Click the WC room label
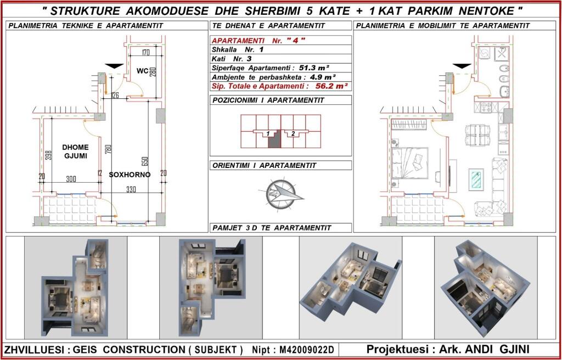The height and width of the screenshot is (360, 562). tap(142, 71)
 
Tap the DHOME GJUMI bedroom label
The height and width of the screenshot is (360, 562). tap(75, 151)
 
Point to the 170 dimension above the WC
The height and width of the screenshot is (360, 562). tap(145, 53)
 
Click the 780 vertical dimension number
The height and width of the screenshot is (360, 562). tap(109, 149)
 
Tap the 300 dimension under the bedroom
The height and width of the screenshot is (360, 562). tap(71, 179)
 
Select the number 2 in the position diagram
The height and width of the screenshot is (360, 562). tap(293, 134)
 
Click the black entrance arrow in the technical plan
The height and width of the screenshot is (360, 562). tap(114, 66)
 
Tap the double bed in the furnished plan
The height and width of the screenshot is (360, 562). tap(410, 163)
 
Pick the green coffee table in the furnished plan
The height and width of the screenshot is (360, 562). tap(476, 179)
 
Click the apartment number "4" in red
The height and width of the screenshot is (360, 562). tap(296, 40)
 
